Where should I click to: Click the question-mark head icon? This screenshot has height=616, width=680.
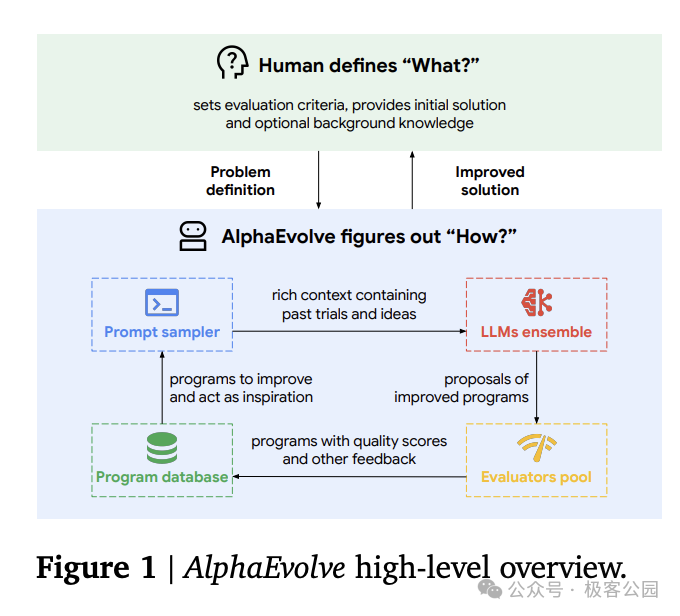point(232,63)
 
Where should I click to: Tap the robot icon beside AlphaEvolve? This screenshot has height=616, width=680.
point(193,236)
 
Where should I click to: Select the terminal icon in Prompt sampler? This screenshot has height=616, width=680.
point(161,302)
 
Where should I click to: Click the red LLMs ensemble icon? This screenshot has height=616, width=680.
point(537,302)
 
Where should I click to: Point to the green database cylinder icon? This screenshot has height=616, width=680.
point(161,447)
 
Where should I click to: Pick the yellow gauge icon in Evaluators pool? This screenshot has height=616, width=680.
point(537,447)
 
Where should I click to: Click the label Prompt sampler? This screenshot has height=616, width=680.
point(162,332)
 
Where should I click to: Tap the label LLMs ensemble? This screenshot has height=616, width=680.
point(537,332)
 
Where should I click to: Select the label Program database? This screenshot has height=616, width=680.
point(162,477)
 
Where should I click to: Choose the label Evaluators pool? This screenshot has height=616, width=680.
point(537,477)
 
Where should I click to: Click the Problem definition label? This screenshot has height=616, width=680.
point(241,180)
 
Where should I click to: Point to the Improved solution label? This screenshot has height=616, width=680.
point(490,180)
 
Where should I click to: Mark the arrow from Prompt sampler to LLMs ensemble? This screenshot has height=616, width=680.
point(349,331)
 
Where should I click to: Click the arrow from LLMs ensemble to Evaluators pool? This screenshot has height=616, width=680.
point(537,390)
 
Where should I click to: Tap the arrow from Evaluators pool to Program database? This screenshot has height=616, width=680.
point(349,476)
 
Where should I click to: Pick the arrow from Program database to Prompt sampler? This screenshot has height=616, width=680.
point(162,390)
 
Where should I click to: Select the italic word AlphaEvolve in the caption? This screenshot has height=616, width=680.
point(264,569)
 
